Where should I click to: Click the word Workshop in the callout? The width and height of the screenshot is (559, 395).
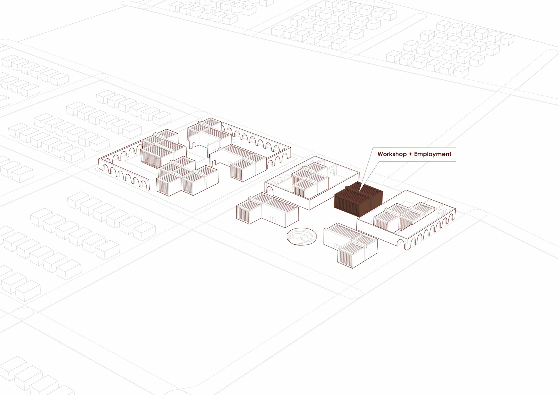pos(392,154)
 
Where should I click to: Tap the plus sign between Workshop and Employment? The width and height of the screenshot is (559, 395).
pos(410,154)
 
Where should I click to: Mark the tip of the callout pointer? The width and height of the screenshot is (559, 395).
pos(360,191)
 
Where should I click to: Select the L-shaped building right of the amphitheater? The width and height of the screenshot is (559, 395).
pos(351,245)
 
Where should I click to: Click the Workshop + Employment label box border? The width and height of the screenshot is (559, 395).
pos(456,154)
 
